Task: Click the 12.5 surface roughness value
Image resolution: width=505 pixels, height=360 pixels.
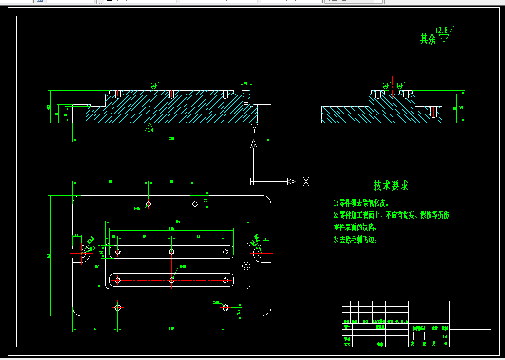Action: [x=442, y=31]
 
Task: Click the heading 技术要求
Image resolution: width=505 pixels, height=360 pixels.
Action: [x=391, y=186]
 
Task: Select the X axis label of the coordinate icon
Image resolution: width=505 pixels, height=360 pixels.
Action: [x=306, y=182]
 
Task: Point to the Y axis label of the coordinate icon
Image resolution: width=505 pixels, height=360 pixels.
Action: [x=254, y=128]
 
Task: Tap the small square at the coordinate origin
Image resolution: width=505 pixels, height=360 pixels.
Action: [x=253, y=181]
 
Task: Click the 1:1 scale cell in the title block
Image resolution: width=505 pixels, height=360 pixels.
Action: [x=444, y=336]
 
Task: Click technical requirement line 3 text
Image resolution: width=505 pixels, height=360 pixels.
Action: [x=355, y=240]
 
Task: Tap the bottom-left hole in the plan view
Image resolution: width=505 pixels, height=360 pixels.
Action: [x=118, y=307]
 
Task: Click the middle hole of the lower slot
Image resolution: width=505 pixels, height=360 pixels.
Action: [x=172, y=280]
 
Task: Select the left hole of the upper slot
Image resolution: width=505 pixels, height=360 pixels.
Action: [x=118, y=252]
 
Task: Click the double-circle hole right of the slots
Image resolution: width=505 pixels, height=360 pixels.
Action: [x=246, y=265]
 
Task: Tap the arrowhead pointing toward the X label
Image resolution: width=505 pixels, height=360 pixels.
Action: [x=291, y=181]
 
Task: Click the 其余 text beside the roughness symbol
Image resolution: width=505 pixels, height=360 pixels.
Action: [x=428, y=39]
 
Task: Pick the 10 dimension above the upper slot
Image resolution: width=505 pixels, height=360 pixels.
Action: [x=113, y=236]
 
